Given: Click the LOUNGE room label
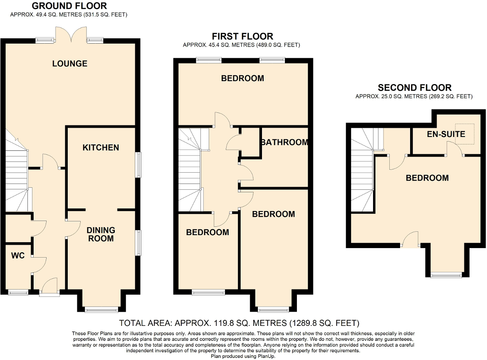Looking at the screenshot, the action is point(69,64).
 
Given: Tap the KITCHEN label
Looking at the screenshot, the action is point(101,147).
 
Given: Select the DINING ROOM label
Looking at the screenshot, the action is point(101,234).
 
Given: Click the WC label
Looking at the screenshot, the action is point(18,256).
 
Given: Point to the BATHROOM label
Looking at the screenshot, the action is point(284,142).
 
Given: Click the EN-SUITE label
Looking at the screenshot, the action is point(446,134).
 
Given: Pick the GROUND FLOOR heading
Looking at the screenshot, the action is point(69,5).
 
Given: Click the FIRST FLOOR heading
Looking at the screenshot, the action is point(242,36).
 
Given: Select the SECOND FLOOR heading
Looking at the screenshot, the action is point(415,88).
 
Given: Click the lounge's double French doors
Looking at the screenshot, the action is point(71,34).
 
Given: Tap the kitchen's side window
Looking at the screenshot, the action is point(138,165).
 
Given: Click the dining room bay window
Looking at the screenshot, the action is point(101,309).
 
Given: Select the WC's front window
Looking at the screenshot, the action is point(18,292).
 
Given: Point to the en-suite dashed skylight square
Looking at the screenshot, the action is point(465,134).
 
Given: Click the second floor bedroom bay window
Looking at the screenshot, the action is point(447,275).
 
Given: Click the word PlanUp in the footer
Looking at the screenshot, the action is point(266,356).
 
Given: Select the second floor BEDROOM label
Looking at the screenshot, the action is point(427,178).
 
